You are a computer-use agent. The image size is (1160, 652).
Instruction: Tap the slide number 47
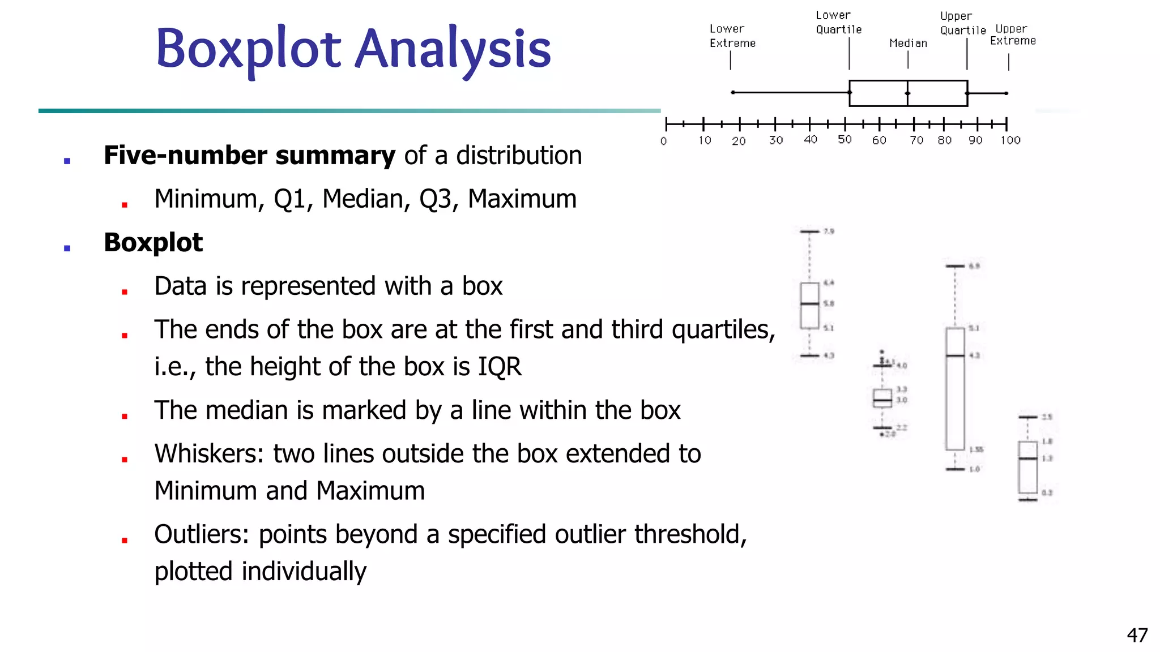[x=1137, y=635]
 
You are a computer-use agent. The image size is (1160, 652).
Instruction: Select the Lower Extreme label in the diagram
[x=732, y=36]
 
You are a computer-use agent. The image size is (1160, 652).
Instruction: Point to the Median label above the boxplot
[x=908, y=43]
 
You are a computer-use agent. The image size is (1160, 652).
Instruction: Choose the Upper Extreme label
[x=1013, y=35]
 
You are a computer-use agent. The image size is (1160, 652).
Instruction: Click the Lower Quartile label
[x=838, y=23]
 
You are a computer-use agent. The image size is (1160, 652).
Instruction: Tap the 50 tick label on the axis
[x=845, y=140]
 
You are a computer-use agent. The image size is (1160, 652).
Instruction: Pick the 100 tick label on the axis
[x=1010, y=140]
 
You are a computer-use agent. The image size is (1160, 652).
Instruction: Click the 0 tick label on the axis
[x=664, y=141]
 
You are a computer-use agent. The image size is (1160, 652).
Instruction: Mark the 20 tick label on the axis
[x=739, y=141]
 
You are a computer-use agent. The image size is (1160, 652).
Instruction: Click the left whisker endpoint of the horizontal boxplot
[x=733, y=92]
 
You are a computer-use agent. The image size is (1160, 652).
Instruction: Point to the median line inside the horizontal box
[x=907, y=93]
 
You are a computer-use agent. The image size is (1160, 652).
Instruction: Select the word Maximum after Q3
[x=522, y=199]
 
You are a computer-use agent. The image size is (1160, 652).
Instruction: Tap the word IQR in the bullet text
[x=500, y=367]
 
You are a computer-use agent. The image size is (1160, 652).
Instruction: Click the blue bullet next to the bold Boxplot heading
[x=67, y=248]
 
